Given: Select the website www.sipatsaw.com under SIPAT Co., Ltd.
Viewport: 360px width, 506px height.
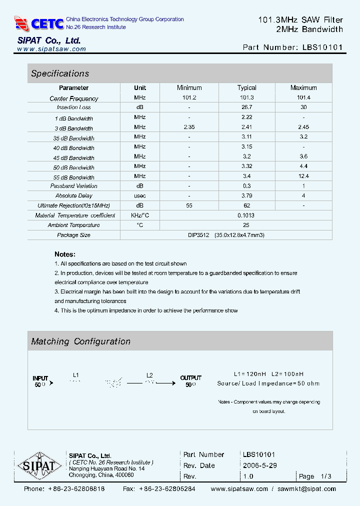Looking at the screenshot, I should [x=51, y=49].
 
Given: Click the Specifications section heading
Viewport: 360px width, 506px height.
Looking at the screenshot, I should [x=60, y=73].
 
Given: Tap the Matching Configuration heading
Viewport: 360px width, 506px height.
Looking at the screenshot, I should [x=80, y=341].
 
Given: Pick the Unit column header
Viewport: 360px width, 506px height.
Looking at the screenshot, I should [x=140, y=87].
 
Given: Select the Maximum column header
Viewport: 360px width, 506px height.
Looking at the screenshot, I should [x=303, y=87].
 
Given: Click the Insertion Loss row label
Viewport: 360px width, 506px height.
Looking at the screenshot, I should [x=74, y=107].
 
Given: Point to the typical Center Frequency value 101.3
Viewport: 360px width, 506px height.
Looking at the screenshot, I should [x=246, y=98].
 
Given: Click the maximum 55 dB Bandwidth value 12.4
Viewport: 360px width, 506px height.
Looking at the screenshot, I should [x=303, y=176].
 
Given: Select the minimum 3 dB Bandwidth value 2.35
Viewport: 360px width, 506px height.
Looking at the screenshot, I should [x=189, y=127].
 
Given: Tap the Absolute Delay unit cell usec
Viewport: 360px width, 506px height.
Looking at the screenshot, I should [x=140, y=195].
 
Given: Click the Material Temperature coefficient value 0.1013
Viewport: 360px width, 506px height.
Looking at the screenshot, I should [x=246, y=215].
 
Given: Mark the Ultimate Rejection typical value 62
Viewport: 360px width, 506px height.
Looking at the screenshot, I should [x=246, y=205].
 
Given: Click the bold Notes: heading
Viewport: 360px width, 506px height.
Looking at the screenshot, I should [x=65, y=254].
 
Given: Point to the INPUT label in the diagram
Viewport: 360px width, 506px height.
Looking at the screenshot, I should [x=40, y=378].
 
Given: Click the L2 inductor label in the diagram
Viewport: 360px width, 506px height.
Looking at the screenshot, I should [x=149, y=375].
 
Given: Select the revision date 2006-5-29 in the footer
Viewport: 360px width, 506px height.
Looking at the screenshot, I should [x=259, y=465].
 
